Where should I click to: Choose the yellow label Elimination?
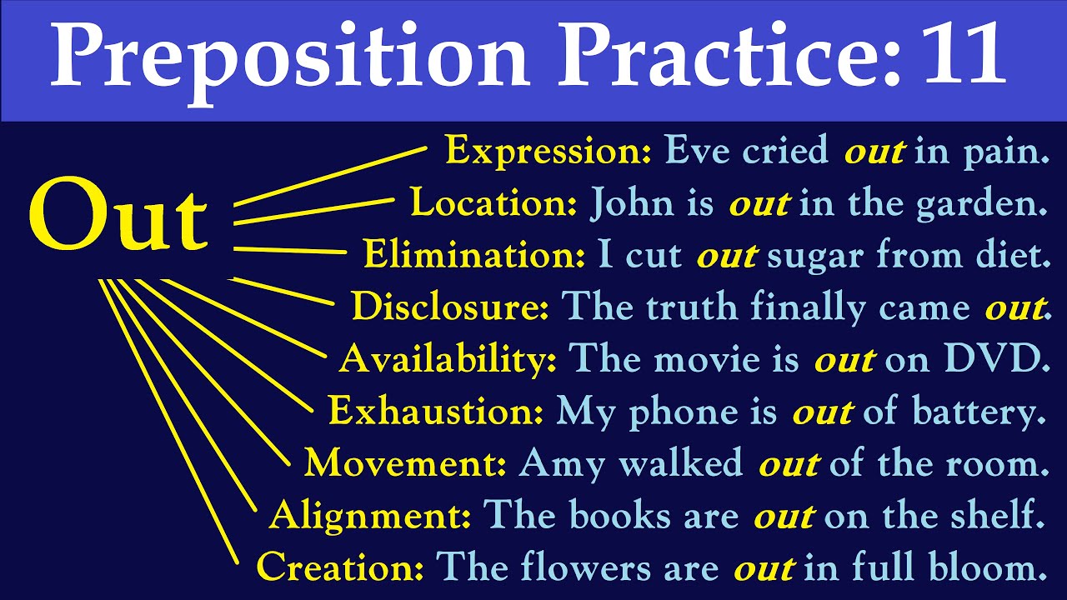click(x=475, y=256)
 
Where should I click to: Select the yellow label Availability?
click(x=448, y=360)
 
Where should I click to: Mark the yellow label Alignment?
click(x=370, y=516)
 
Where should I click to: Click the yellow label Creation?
click(x=340, y=567)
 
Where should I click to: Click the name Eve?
click(x=694, y=151)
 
